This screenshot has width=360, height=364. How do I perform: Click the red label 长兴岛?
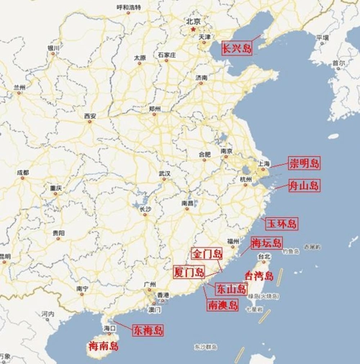236,49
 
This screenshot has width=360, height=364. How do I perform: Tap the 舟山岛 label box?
303,186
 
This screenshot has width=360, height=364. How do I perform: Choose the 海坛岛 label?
266,242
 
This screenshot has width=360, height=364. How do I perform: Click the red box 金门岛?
207,254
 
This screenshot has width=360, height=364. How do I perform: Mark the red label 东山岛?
231,288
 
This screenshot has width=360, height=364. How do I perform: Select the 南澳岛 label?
222,305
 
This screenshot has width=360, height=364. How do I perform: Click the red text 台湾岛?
259,276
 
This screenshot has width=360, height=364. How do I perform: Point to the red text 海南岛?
103,347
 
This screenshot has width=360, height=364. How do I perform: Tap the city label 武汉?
165,174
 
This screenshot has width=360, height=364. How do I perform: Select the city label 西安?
89,116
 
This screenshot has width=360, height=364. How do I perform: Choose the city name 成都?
23,173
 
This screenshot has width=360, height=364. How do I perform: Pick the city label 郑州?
154,109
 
